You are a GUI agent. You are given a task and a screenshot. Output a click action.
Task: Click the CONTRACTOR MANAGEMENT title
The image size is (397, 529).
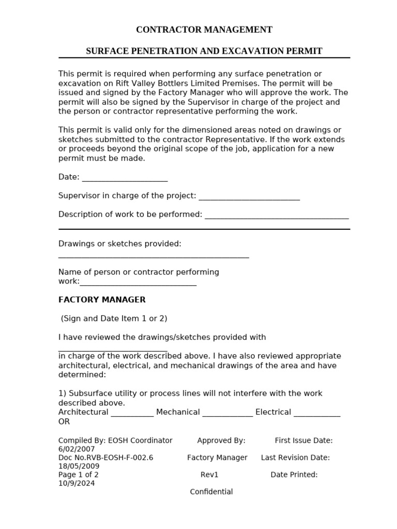tap(204, 30)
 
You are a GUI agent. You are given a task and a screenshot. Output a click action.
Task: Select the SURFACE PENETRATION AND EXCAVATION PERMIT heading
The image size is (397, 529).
tap(204, 51)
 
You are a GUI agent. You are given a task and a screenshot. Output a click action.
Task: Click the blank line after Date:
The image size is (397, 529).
tap(125, 179)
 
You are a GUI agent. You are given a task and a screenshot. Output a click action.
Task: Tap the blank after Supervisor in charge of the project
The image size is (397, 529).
tap(249, 197)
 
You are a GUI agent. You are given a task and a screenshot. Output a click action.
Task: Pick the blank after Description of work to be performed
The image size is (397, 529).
tap(277, 216)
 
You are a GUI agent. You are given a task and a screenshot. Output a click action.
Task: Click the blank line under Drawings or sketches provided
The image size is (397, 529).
tap(154, 255)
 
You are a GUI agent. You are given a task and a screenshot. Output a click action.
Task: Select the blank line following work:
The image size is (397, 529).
tap(138, 283)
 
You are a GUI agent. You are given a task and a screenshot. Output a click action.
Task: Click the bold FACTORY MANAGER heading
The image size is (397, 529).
tap(102, 300)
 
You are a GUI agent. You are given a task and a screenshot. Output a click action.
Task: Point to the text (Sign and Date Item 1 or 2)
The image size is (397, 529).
tap(114, 318)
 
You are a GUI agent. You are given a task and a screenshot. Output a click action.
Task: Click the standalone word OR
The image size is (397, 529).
tap(64, 422)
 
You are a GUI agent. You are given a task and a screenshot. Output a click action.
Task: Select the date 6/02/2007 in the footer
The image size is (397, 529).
tap(77, 449)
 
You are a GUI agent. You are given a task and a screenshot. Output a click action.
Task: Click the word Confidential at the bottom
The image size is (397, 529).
tap(211, 492)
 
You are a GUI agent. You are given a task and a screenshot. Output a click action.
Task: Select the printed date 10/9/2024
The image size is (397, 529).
tap(77, 483)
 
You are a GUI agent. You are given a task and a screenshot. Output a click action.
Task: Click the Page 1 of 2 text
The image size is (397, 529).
tap(79, 475)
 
